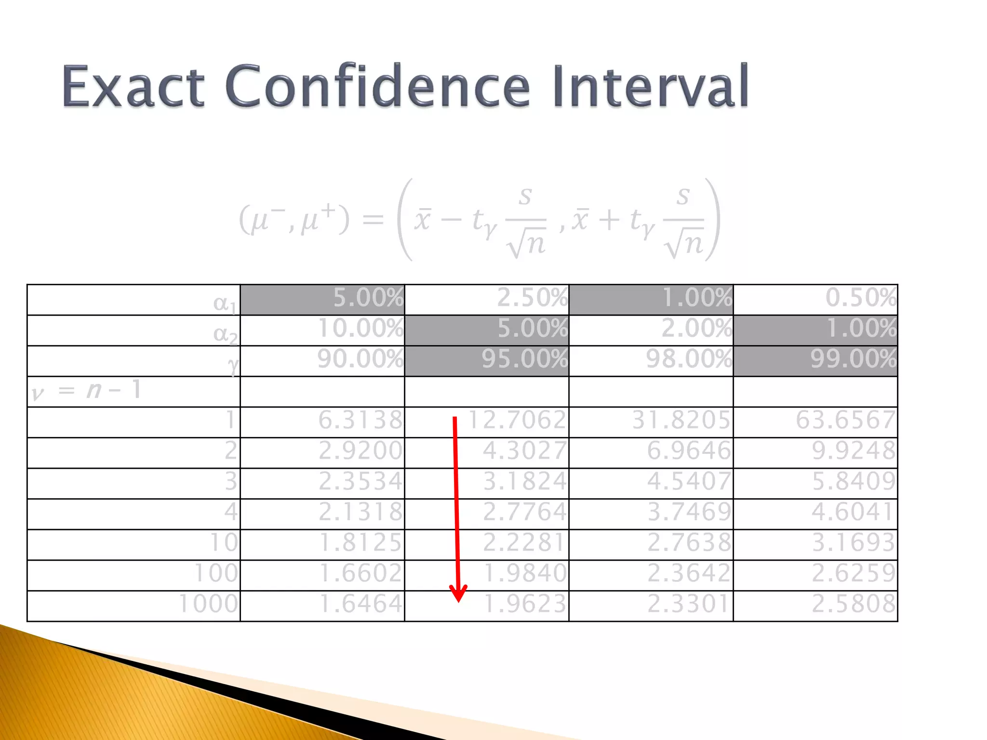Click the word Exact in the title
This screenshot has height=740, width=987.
[x=133, y=87]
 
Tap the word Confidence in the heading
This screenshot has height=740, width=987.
[x=377, y=87]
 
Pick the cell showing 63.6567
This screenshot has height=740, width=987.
[x=845, y=420]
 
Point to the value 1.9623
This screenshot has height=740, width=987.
[x=525, y=604]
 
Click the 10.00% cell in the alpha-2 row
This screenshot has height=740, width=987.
[x=360, y=329]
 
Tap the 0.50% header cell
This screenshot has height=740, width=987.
[x=861, y=298]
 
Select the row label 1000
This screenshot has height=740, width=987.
[x=208, y=604]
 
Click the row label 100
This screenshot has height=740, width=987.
[x=216, y=573]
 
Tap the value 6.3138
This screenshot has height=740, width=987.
[x=360, y=420]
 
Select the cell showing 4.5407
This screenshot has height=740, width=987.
[x=689, y=481]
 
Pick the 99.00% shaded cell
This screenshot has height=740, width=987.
[x=853, y=359]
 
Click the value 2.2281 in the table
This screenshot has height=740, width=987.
[x=525, y=543]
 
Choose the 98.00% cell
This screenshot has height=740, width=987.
[x=689, y=359]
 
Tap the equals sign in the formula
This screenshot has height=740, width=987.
[x=373, y=221]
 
